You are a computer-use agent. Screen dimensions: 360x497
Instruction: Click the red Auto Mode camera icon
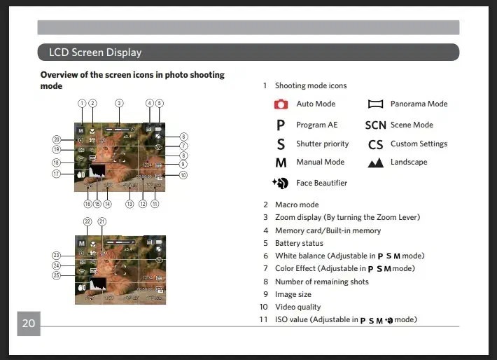pyautogui.click(x=281, y=104)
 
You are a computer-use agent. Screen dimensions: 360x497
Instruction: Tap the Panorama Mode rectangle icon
pyautogui.click(x=376, y=104)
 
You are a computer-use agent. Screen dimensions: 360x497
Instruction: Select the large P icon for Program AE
pyautogui.click(x=281, y=125)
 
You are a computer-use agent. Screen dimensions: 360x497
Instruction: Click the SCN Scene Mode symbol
pyautogui.click(x=376, y=125)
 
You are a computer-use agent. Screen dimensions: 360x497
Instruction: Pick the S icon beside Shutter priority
pyautogui.click(x=281, y=144)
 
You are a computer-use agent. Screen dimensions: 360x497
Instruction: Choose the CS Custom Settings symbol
pyautogui.click(x=376, y=144)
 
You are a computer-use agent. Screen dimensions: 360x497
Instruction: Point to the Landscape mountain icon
pyautogui.click(x=376, y=162)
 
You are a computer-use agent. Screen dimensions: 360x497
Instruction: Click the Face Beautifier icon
pyautogui.click(x=281, y=184)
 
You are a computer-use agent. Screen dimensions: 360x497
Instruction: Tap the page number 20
pyautogui.click(x=28, y=323)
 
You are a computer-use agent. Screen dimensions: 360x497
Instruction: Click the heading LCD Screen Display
pyautogui.click(x=95, y=53)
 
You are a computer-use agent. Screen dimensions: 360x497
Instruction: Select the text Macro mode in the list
pyautogui.click(x=297, y=205)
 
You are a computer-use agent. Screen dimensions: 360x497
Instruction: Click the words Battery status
pyautogui.click(x=299, y=243)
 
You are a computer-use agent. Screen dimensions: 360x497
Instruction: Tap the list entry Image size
pyautogui.click(x=293, y=294)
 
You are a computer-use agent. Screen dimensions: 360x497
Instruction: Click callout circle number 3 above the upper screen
pyautogui.click(x=119, y=103)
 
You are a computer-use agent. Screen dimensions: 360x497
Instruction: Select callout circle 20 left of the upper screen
pyautogui.click(x=57, y=139)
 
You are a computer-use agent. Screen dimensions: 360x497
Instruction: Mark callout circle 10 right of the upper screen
pyautogui.click(x=183, y=175)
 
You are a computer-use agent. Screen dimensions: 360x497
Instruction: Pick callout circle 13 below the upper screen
pyautogui.click(x=129, y=205)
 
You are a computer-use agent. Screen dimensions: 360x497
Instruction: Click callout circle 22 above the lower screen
pyautogui.click(x=87, y=221)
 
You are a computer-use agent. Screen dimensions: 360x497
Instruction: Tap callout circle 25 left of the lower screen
pyautogui.click(x=57, y=276)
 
